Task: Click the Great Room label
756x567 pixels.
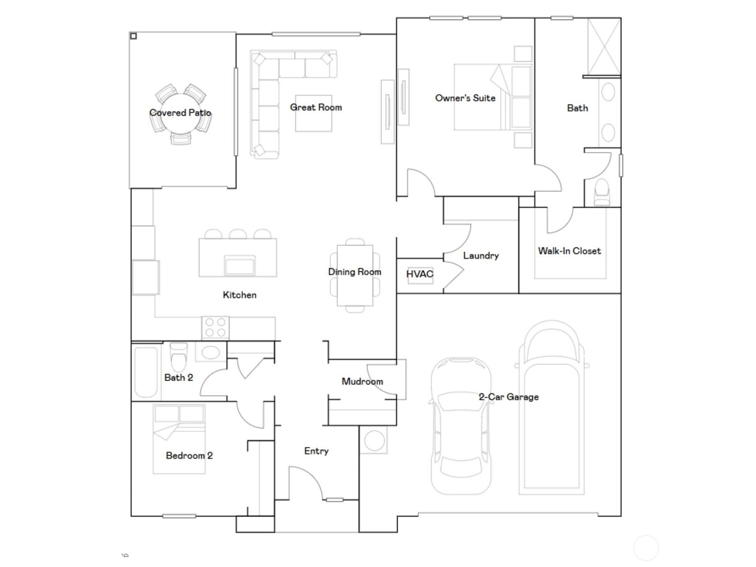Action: click(316, 107)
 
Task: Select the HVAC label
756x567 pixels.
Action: click(420, 274)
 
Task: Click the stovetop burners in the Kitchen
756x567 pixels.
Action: click(215, 327)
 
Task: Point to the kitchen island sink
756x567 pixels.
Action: click(240, 266)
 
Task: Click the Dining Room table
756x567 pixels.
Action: click(355, 275)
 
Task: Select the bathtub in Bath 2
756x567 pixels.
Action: click(146, 372)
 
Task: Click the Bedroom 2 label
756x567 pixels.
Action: click(189, 455)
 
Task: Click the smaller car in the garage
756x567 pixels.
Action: click(461, 425)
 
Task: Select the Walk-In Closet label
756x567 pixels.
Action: click(569, 251)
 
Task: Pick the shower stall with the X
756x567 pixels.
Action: click(604, 47)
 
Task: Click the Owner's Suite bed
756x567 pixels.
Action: click(491, 97)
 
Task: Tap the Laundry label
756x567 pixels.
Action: click(481, 256)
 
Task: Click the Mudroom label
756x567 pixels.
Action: click(362, 381)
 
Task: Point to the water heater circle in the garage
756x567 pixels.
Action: click(375, 440)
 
